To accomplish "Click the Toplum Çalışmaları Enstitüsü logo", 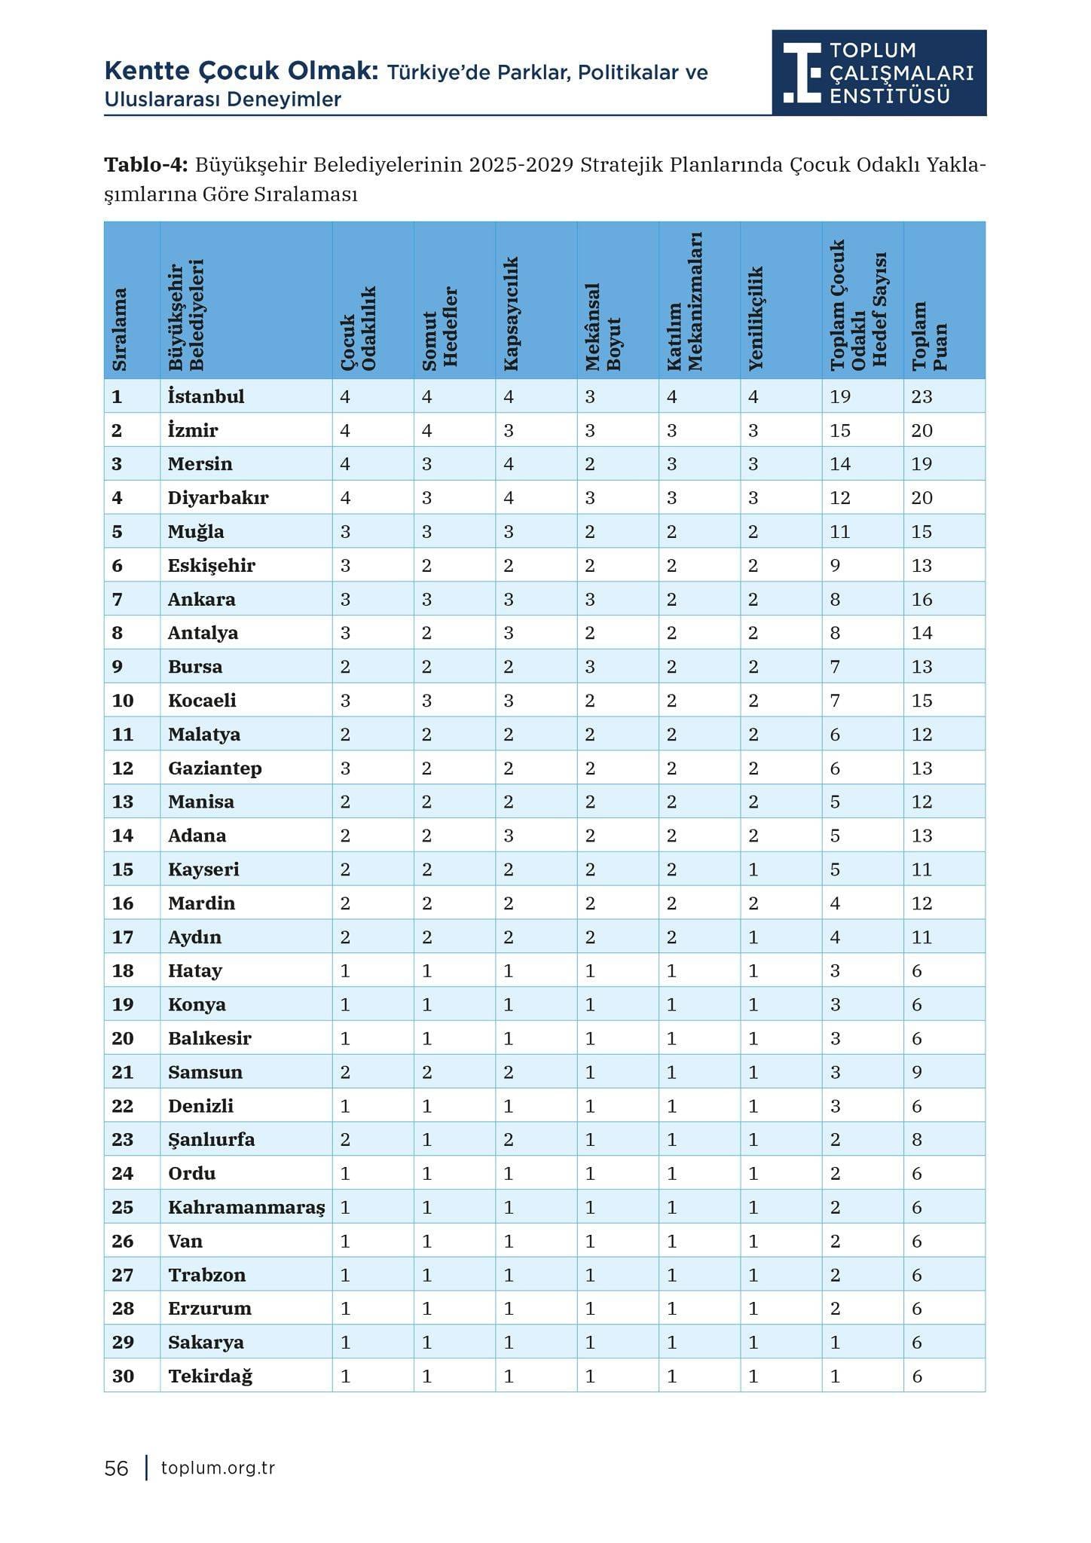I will point(879,72).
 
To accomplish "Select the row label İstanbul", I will point(206,396).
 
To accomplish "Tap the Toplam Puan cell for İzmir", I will point(922,430).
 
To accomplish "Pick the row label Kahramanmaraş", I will point(246,1207).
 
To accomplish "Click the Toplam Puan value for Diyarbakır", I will point(922,498).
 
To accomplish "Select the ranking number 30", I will point(123,1376).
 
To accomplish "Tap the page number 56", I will point(117,1468).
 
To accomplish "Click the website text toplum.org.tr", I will point(218,1468).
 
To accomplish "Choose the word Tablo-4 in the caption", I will point(146,165).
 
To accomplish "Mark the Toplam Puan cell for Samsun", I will point(917,1072).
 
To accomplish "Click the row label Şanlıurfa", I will point(211,1139).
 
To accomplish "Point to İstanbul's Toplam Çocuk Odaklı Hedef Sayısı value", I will point(840,396).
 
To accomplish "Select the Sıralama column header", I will point(119,329).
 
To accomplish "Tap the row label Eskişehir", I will point(212,565).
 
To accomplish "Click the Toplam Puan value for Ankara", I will point(922,599).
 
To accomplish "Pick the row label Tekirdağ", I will point(210,1376).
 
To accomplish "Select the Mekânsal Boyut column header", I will point(602,327).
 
